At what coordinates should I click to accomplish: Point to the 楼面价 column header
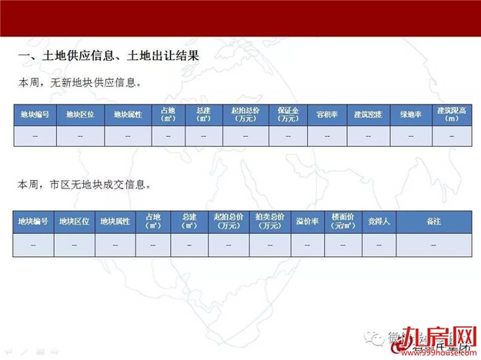coord(342,222)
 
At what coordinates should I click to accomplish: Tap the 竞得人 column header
coord(379,222)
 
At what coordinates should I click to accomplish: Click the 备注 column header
coord(433,222)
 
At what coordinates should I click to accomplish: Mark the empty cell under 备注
coord(433,245)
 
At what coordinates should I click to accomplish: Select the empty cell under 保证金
coord(289,136)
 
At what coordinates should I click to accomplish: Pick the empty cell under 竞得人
coord(379,245)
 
